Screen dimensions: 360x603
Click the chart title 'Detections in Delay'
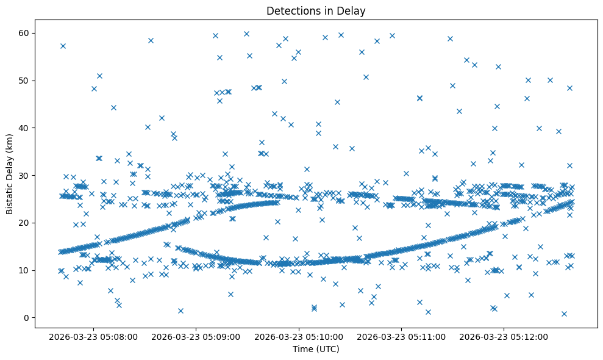tap(316, 11)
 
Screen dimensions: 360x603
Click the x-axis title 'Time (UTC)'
tap(316, 349)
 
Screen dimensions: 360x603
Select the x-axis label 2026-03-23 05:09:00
tap(197, 336)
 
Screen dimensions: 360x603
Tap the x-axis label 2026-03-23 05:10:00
tap(299, 336)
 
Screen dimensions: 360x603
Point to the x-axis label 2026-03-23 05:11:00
tap(402, 336)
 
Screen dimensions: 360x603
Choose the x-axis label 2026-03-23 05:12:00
tap(504, 336)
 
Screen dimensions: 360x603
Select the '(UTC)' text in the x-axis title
tap(327, 349)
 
